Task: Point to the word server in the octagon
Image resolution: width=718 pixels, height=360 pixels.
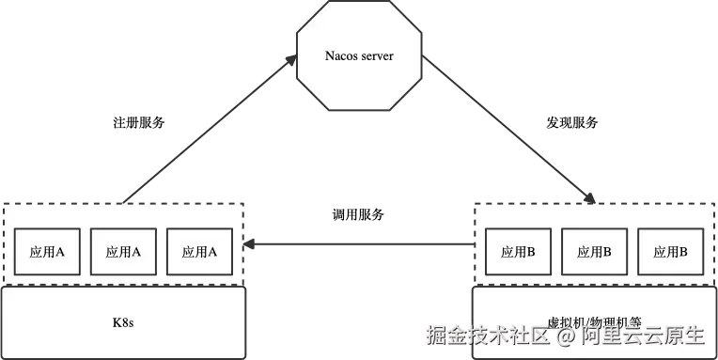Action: pos(376,56)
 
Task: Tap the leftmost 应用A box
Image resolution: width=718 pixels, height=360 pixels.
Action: pos(46,251)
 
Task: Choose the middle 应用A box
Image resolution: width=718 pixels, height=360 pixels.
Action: pos(123,251)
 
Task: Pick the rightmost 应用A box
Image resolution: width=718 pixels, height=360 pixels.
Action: pos(199,251)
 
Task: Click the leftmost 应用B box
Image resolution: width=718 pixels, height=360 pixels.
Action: pos(518,251)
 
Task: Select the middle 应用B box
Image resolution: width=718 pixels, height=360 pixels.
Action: pos(594,251)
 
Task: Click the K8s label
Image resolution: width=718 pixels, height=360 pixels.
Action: pos(124,322)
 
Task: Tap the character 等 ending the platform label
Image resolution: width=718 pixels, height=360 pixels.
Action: pos(628,320)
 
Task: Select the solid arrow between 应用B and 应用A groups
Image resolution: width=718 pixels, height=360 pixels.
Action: pos(362,246)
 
